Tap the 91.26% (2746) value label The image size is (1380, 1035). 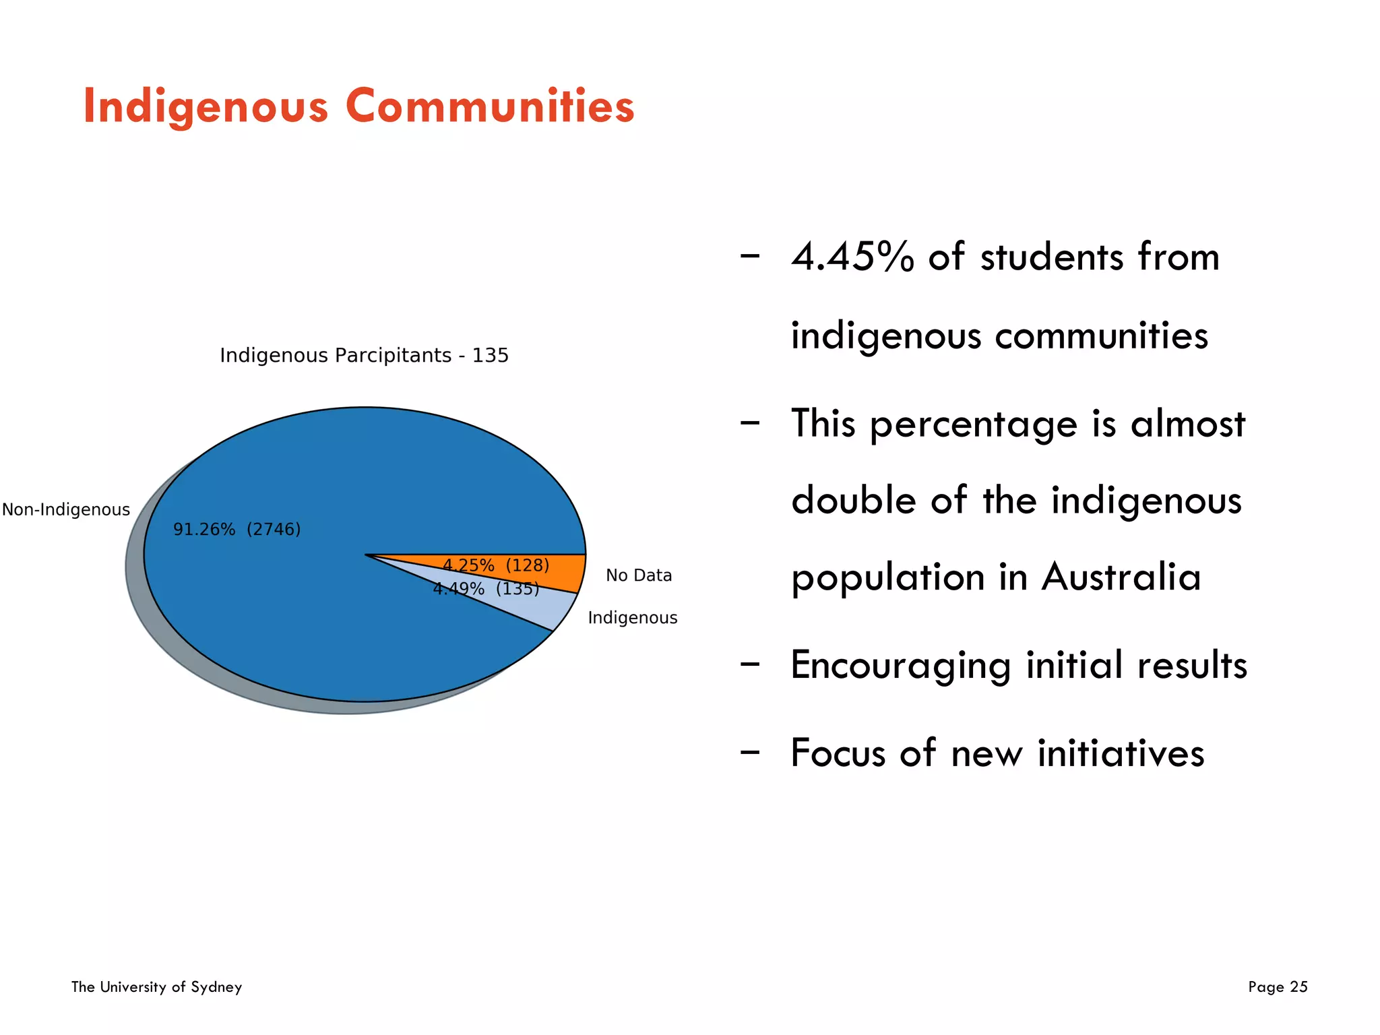237,529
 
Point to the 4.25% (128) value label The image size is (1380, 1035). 496,565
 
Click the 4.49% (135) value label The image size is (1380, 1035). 486,589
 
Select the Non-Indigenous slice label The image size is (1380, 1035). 66,509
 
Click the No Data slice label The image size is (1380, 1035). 639,575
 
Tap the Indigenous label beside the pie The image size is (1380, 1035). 632,618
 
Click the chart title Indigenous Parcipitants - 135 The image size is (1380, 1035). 364,355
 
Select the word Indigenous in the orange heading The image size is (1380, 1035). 206,108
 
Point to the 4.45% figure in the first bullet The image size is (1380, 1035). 852,257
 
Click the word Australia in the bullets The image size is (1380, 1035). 1121,577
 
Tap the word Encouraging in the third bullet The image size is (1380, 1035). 900,666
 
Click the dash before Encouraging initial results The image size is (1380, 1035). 749,664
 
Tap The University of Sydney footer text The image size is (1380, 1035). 156,987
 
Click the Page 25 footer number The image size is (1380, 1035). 1278,987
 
